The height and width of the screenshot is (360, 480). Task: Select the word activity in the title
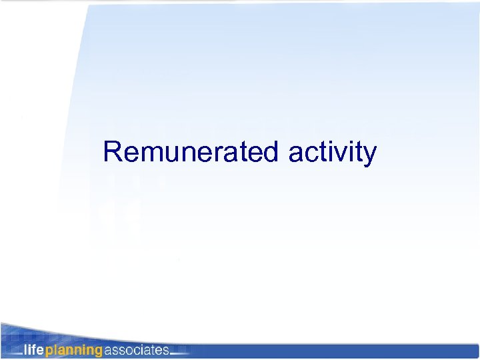pos(333,153)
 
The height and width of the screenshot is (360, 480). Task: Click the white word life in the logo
pos(34,349)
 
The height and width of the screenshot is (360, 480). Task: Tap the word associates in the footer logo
pos(135,349)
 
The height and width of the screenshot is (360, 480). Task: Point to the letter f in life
pos(35,349)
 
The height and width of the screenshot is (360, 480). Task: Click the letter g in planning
pos(98,351)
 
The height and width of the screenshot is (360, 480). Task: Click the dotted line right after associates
pos(179,353)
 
